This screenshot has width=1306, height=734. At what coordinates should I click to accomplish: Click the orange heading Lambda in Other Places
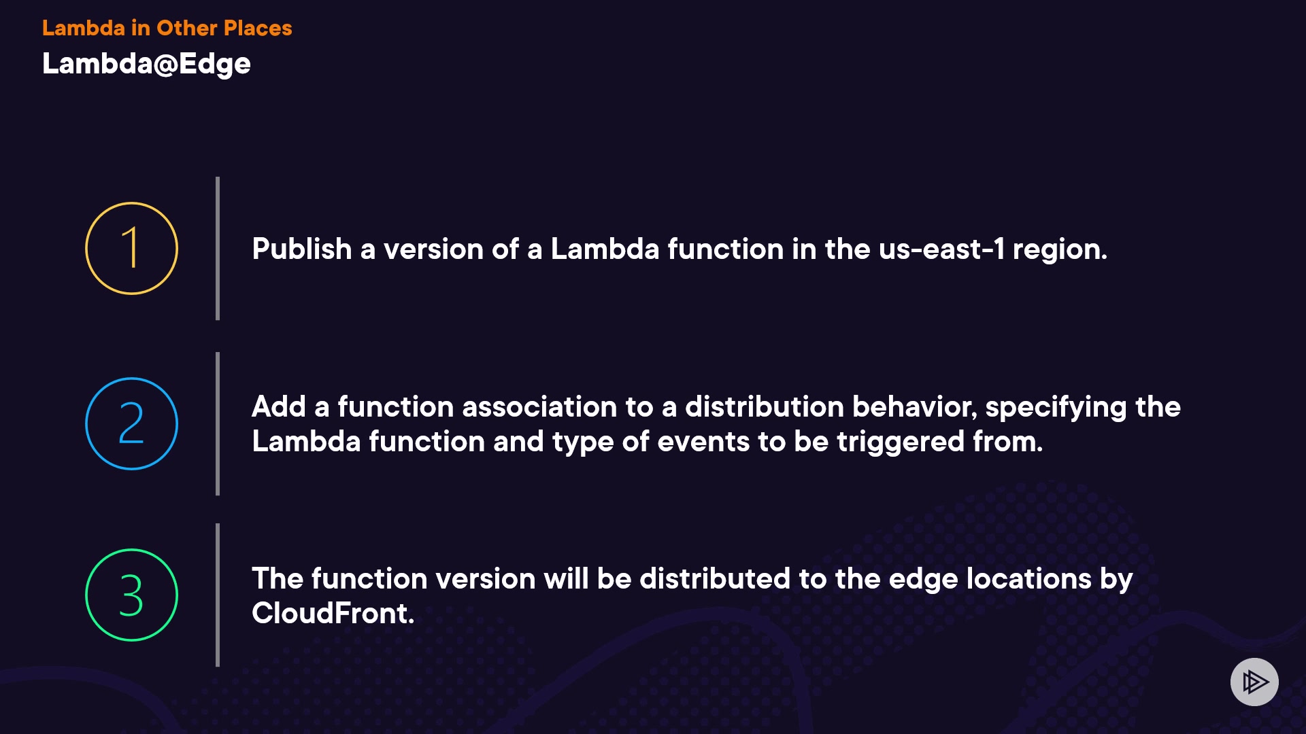(167, 28)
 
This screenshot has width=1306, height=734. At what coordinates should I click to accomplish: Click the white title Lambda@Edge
(146, 65)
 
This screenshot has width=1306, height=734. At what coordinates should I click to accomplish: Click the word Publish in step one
(302, 249)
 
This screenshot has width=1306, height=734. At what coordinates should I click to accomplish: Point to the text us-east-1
(941, 249)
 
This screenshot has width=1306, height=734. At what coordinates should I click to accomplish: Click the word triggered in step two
(901, 442)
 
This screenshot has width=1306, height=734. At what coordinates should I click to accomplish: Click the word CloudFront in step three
(333, 613)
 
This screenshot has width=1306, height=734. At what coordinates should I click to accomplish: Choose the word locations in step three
(1029, 578)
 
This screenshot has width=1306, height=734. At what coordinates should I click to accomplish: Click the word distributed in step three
(715, 578)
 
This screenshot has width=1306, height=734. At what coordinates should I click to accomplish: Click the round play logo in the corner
(1254, 682)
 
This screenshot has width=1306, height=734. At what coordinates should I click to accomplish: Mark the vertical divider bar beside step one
(218, 248)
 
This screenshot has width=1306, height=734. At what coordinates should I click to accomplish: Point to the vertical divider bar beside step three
(218, 595)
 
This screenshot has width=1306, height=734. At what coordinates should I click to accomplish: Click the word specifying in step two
(1056, 408)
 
